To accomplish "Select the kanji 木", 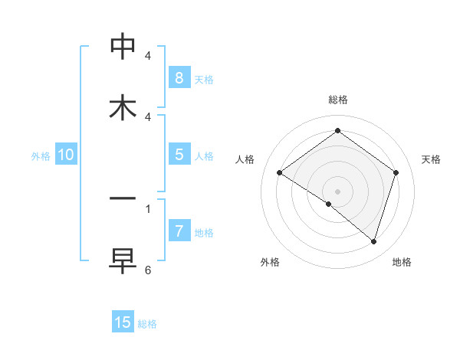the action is pyautogui.click(x=123, y=106).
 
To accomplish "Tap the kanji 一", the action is pyautogui.click(x=123, y=198).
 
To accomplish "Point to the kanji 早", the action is pyautogui.click(x=123, y=260).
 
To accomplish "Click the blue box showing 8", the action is pyautogui.click(x=179, y=78).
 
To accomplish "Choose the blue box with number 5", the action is pyautogui.click(x=179, y=155).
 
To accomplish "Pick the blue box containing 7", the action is pyautogui.click(x=179, y=231).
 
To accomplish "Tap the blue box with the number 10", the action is pyautogui.click(x=66, y=155).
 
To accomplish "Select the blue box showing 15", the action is pyautogui.click(x=123, y=322).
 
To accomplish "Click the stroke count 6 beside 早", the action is pyautogui.click(x=148, y=270).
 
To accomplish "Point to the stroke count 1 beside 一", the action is pyautogui.click(x=148, y=208).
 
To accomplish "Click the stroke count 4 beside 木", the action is pyautogui.click(x=148, y=117).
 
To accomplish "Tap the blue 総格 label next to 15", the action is pyautogui.click(x=147, y=324).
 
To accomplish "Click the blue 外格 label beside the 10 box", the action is pyautogui.click(x=41, y=155).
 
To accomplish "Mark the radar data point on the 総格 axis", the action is pyautogui.click(x=337, y=131).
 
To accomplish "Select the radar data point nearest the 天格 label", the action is pyautogui.click(x=396, y=172).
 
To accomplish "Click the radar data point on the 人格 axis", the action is pyautogui.click(x=279, y=172).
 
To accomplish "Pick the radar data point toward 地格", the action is pyautogui.click(x=373, y=241).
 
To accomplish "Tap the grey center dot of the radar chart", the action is pyautogui.click(x=337, y=191).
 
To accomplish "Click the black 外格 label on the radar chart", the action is pyautogui.click(x=270, y=262).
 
